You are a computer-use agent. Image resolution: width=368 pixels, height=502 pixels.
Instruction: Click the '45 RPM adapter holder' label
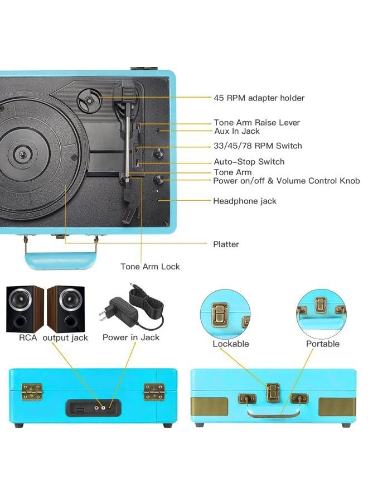259,98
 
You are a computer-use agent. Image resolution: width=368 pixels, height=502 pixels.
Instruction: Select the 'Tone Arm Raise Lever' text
256,123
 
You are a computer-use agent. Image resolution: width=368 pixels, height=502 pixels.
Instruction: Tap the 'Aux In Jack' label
237,132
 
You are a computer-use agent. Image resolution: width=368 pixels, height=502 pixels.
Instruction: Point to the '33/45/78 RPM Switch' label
258,146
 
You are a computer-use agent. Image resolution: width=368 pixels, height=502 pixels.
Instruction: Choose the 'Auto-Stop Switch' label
249,162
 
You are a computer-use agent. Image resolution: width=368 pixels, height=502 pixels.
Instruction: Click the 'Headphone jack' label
244,201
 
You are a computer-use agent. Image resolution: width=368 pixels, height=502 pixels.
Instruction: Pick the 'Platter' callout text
226,244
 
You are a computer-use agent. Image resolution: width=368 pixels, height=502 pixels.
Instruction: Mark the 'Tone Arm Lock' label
150,267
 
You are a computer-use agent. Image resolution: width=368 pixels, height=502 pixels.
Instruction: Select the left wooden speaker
25,308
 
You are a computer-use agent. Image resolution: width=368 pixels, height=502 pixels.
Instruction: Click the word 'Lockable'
230,344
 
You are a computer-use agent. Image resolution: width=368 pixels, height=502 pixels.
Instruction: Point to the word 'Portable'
322,344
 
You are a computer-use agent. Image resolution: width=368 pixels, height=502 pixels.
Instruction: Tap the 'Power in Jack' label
131,337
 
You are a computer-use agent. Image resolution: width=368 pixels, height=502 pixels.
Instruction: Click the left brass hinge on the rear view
32,392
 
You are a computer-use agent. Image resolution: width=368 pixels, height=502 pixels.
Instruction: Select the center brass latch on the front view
272,393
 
